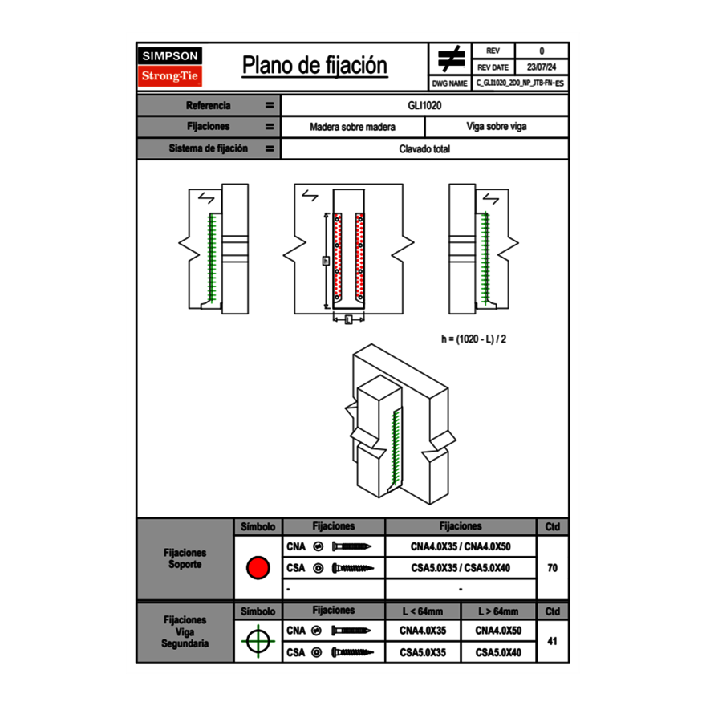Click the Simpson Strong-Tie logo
tap(170, 67)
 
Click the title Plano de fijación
tap(314, 65)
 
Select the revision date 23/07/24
tap(542, 67)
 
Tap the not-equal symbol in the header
tap(451, 59)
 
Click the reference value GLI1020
tap(425, 105)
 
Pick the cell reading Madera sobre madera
tap(353, 127)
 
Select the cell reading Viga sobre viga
tap(496, 127)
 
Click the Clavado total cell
tap(425, 149)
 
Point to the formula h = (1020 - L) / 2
tap(473, 339)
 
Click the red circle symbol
tap(258, 568)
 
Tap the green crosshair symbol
tap(258, 642)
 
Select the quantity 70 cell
tap(553, 568)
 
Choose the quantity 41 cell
tap(553, 642)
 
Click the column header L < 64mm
tap(423, 611)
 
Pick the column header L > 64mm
tap(498, 611)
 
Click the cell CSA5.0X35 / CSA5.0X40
tap(461, 568)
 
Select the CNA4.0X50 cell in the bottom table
tap(498, 631)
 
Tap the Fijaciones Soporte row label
tap(185, 559)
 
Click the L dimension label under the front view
tap(348, 320)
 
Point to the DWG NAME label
tap(449, 83)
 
